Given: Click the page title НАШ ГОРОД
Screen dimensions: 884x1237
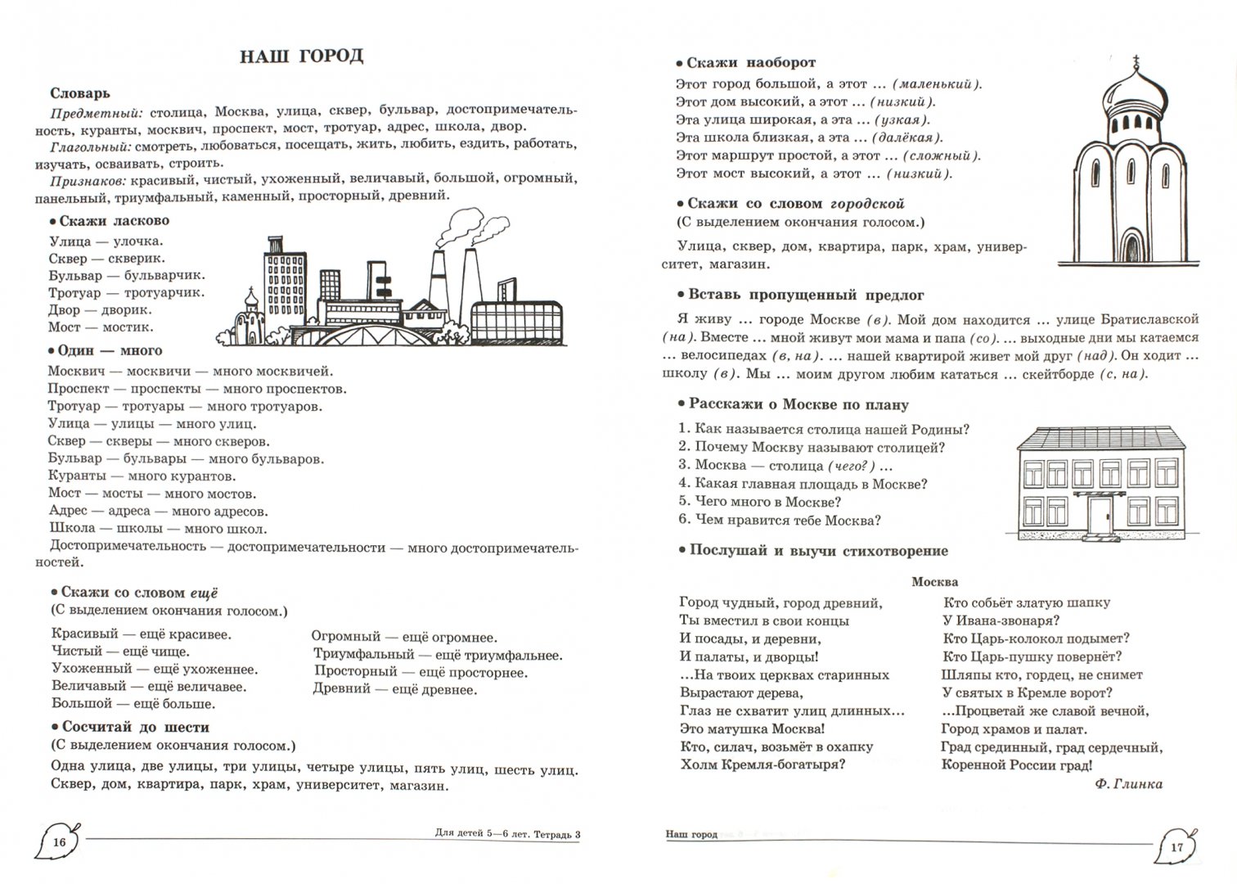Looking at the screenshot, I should [x=301, y=56].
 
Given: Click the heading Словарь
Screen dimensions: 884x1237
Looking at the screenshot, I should [x=80, y=93].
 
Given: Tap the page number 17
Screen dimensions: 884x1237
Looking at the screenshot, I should [x=1176, y=847].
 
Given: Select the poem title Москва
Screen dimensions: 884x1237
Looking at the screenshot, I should [x=934, y=582].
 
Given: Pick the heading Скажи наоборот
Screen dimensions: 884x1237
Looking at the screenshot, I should [x=750, y=62].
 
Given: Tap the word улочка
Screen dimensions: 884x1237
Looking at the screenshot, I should [x=138, y=241].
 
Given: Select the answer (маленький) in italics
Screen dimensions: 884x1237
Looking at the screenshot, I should [x=937, y=83].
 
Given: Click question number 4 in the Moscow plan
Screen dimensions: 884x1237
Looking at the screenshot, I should [x=684, y=484].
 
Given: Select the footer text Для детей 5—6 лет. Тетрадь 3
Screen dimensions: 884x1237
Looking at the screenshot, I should [x=507, y=835].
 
